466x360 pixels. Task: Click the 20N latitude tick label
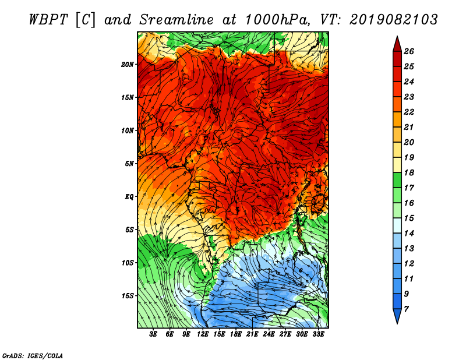[127, 65]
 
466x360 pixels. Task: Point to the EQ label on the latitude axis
[129, 197]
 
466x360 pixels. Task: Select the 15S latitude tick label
[127, 296]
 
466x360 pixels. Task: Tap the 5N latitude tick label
[129, 164]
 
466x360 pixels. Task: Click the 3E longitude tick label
[153, 334]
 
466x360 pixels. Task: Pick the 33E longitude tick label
[318, 334]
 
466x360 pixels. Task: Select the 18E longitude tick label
[236, 334]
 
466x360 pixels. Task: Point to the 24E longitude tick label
[269, 334]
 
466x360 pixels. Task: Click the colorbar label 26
[409, 51]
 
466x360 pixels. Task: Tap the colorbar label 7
[406, 309]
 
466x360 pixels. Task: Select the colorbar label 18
[409, 172]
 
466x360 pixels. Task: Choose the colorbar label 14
[409, 234]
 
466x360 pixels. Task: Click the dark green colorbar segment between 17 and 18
[397, 180]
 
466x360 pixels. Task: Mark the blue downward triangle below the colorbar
[397, 316]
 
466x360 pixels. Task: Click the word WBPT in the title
[50, 20]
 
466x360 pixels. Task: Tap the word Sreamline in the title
[176, 20]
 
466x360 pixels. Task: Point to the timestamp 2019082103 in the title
[394, 20]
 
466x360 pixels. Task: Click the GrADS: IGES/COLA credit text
[33, 356]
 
